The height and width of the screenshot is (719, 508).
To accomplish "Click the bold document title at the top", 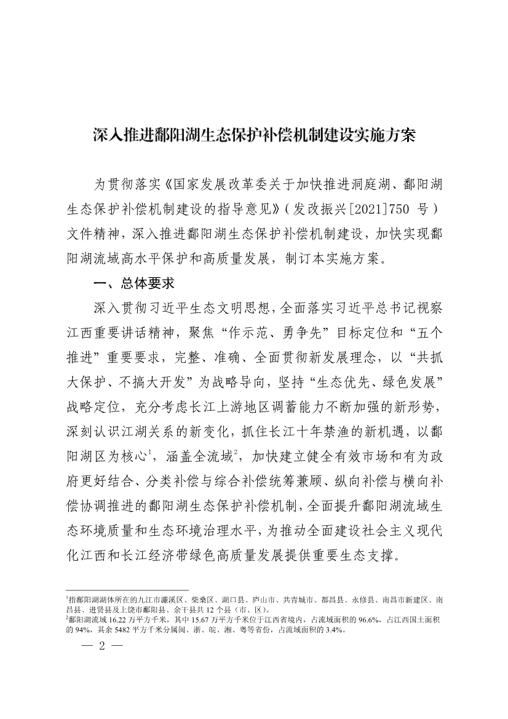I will pos(254,135).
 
